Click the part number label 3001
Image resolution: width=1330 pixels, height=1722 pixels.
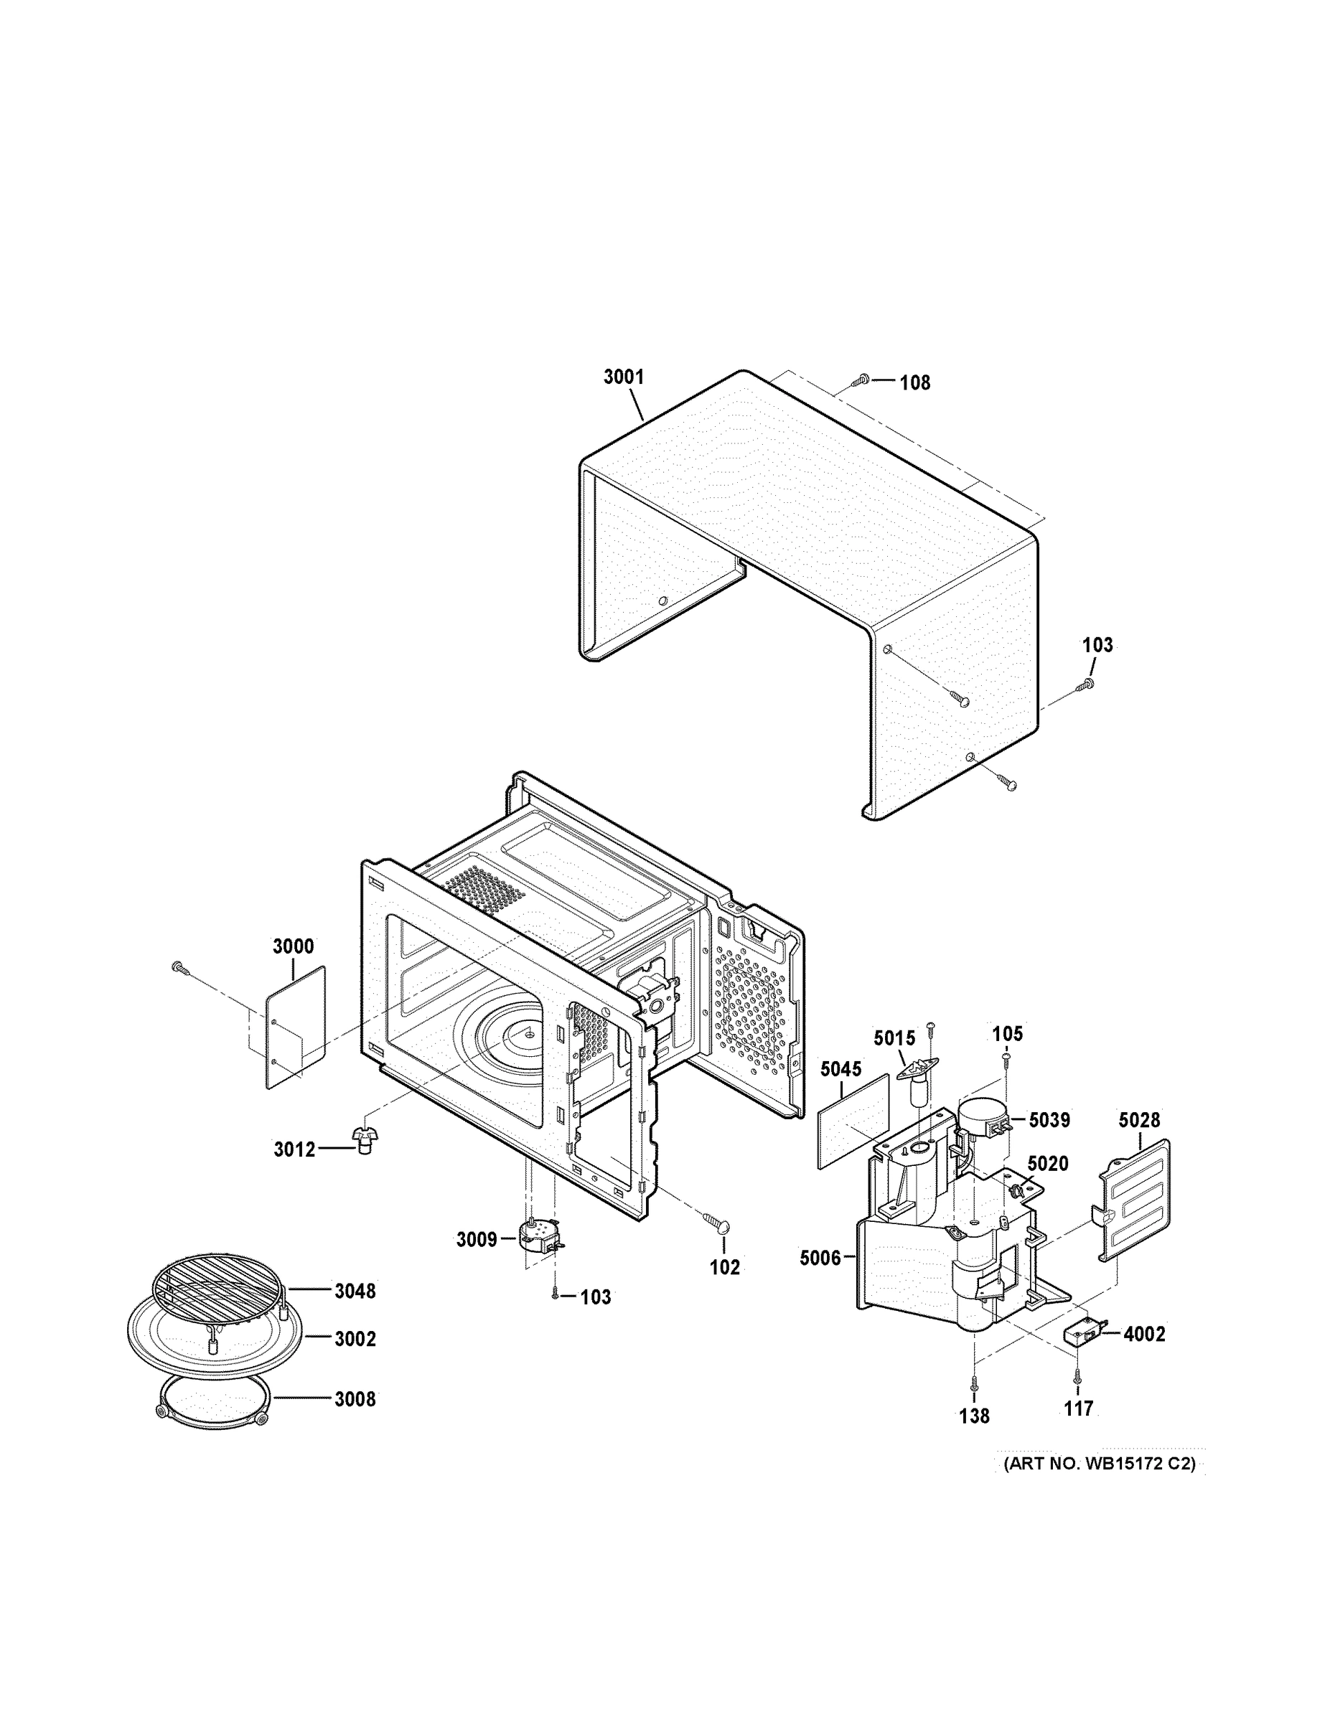[x=623, y=377]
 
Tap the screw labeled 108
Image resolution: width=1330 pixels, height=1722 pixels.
[x=861, y=381]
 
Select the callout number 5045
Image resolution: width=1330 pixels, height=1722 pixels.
[x=841, y=1069]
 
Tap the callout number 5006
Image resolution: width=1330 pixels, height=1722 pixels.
[x=820, y=1258]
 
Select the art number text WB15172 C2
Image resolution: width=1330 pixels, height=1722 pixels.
[x=1099, y=1464]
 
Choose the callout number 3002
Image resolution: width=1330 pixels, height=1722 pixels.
[x=355, y=1338]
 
